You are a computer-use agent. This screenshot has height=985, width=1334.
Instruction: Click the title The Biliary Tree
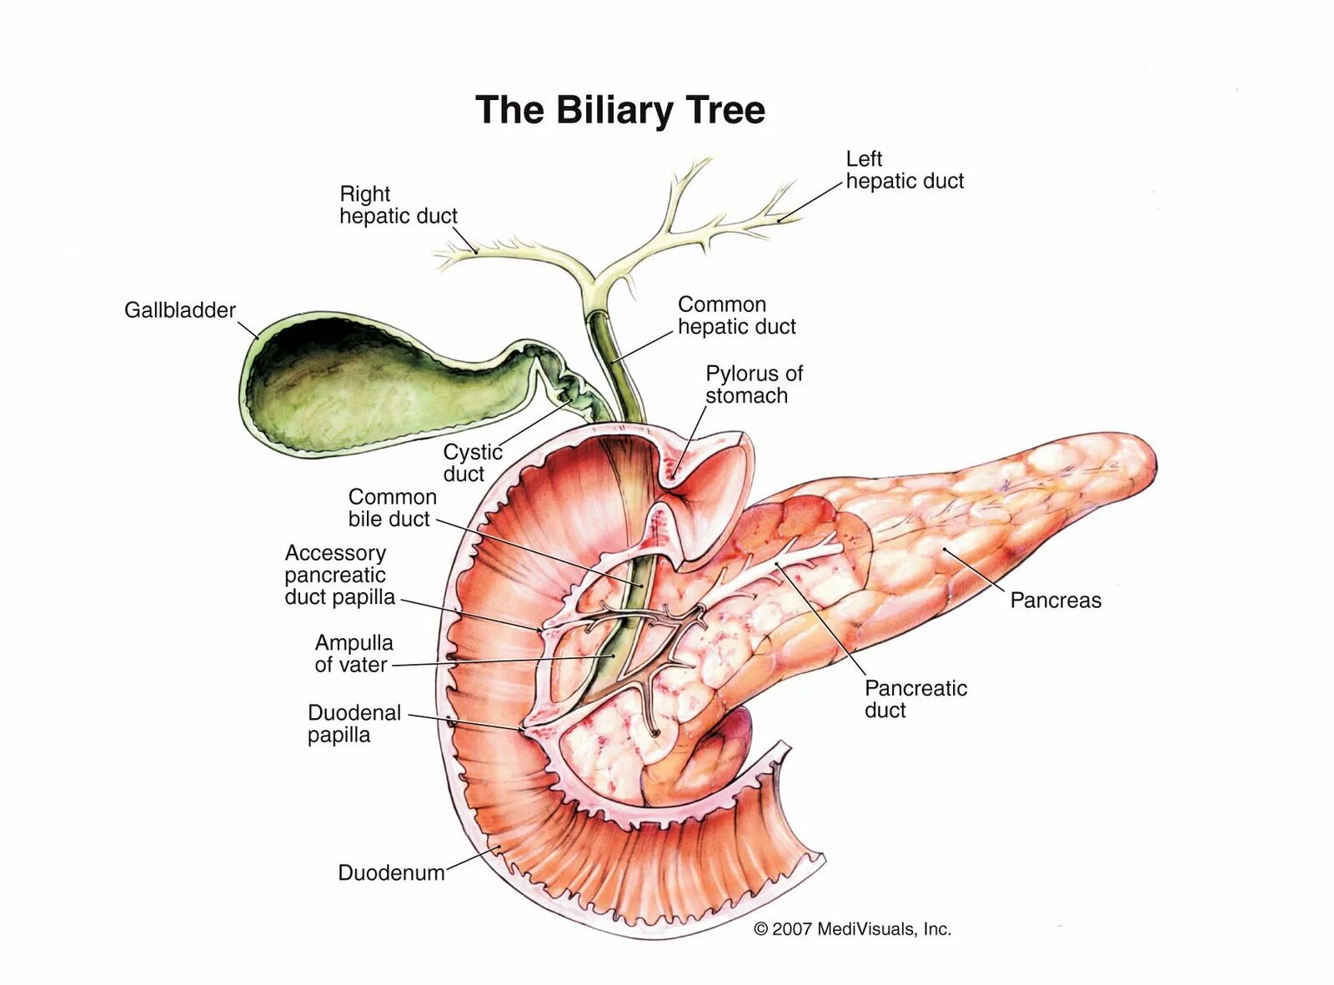[x=619, y=110]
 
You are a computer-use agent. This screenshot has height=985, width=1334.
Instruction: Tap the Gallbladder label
[x=179, y=310]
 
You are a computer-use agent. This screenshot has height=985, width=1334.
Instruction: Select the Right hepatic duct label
[x=398, y=205]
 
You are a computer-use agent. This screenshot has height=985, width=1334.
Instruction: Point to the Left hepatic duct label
[x=904, y=170]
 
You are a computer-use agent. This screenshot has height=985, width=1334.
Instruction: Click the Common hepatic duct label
[x=736, y=315]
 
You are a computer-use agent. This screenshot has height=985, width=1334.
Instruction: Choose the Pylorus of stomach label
[x=753, y=384]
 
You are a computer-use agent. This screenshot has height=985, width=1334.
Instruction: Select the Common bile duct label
[x=392, y=508]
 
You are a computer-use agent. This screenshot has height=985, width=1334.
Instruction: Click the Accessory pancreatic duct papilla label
[x=339, y=575]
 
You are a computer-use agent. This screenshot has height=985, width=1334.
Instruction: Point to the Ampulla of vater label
[x=353, y=654]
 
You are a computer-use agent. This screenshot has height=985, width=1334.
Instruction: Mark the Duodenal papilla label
[x=354, y=724]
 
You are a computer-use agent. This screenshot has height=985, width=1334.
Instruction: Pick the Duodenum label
[x=391, y=873]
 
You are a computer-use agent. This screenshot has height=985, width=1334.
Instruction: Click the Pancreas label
[x=1055, y=601]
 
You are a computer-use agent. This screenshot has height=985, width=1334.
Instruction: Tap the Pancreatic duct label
[x=915, y=699]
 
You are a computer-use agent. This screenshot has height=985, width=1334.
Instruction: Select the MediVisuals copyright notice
[x=852, y=929]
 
